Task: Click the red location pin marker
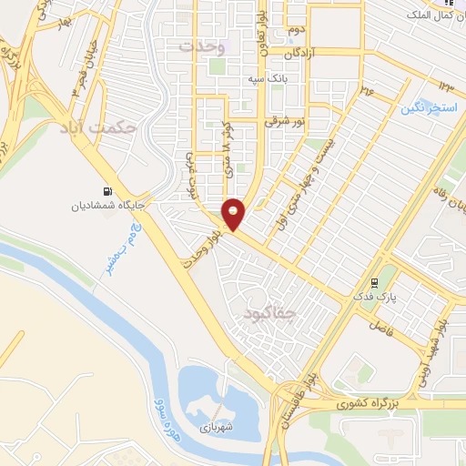[x=234, y=212]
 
